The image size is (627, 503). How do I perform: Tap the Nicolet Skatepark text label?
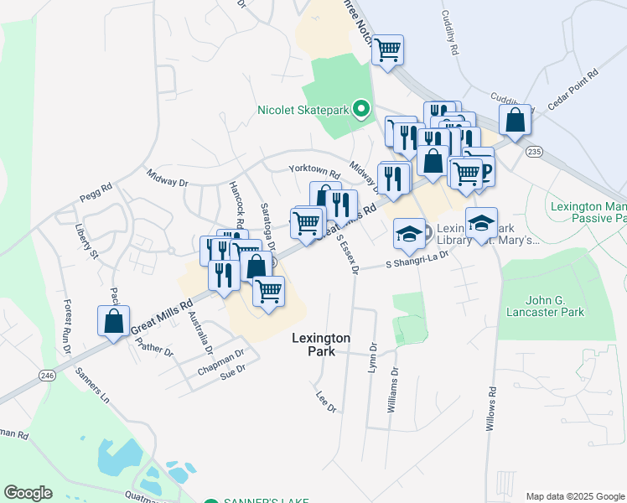(x=305, y=109)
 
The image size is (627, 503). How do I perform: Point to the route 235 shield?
(x=535, y=151)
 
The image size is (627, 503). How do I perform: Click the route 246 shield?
(x=46, y=376)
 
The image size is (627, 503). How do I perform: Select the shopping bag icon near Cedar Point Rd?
(x=515, y=120)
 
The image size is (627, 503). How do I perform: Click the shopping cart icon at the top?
(x=387, y=50)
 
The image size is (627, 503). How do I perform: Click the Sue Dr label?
(x=231, y=369)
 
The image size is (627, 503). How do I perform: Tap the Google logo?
(x=28, y=493)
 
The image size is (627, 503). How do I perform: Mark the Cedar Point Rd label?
(x=572, y=89)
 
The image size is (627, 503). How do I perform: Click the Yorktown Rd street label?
(x=313, y=171)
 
